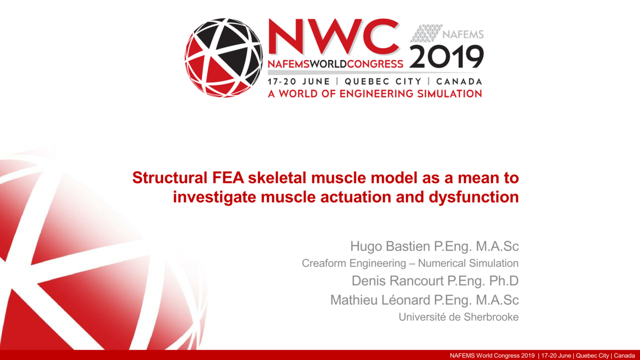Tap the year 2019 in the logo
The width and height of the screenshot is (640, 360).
click(446, 57)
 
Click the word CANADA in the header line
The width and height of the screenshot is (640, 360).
click(459, 82)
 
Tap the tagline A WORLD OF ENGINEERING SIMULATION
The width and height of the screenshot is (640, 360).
click(374, 94)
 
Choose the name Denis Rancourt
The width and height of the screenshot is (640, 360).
click(391, 281)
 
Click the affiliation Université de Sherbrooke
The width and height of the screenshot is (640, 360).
click(458, 317)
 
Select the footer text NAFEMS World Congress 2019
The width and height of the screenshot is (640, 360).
click(492, 355)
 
